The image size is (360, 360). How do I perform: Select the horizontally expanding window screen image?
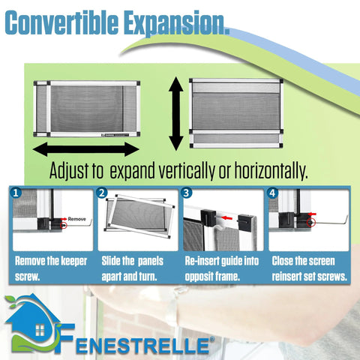click(87, 109)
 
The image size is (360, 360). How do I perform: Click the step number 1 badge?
click(16, 193)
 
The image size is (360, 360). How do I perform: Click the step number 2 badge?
click(103, 193)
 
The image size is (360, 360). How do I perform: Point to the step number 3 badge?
click(187, 193)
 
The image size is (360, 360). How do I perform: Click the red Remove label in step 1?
click(76, 220)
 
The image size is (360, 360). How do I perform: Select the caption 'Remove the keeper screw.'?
click(51, 268)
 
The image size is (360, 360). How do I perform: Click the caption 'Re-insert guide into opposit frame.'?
click(222, 268)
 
